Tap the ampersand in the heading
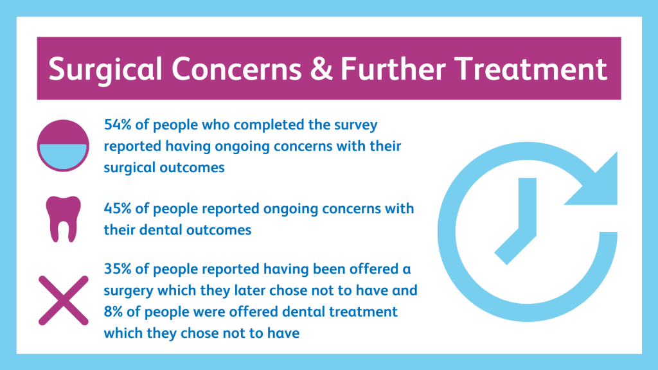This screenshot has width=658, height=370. point(321,68)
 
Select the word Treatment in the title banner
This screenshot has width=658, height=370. point(531,68)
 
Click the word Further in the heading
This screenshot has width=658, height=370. point(393,68)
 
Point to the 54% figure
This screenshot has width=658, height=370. point(118,125)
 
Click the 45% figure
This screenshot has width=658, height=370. point(118,209)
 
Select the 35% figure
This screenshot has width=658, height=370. point(118,269)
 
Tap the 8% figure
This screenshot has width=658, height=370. point(113,312)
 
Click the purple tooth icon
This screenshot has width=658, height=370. point(64,219)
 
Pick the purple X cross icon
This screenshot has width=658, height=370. point(64,301)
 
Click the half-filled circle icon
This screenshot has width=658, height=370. point(63,146)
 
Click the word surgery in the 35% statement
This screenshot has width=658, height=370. point(129,291)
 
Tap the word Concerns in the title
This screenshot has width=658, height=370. point(236,68)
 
